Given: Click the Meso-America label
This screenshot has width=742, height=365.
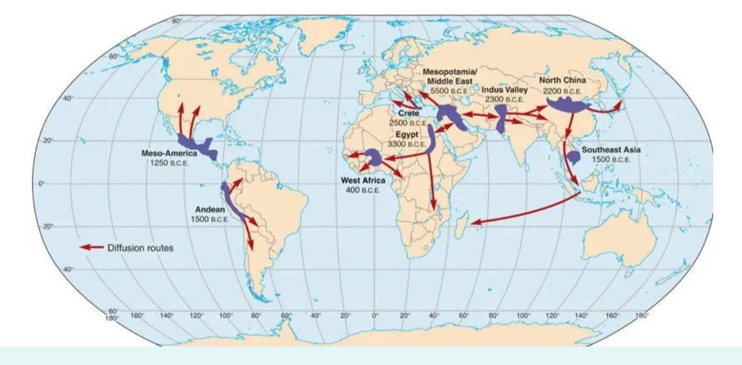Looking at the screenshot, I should click(169, 153).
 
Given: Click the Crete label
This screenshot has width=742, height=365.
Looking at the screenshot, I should click(408, 113).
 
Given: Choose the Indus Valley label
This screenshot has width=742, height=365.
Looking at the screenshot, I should click(504, 90).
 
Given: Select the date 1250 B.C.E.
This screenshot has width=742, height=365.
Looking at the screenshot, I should click(169, 163).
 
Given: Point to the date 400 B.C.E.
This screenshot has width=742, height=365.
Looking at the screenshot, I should click(363, 190).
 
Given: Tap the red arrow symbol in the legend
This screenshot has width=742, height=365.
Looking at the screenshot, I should click(91, 247).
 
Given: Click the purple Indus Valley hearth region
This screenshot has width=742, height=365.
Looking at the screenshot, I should click(501, 118).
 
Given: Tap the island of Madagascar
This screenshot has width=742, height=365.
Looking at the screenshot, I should click(462, 225).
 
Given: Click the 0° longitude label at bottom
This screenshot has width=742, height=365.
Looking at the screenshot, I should click(375, 316).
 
